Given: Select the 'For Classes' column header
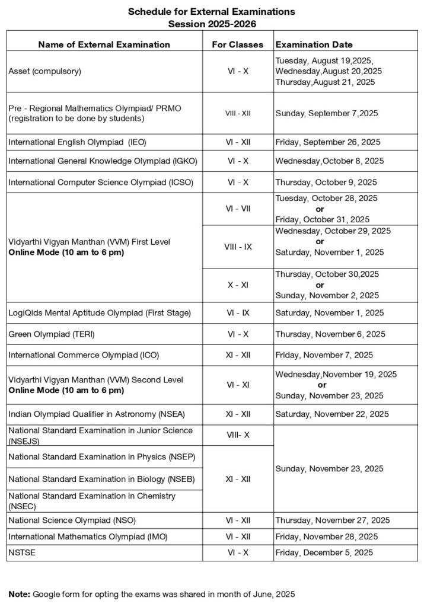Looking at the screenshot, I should click(237, 44).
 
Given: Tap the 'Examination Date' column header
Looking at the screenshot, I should click(314, 44).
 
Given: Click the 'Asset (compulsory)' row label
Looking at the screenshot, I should click(44, 72).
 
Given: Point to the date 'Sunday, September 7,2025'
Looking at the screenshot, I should click(327, 113).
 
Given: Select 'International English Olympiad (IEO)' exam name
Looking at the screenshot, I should click(78, 142).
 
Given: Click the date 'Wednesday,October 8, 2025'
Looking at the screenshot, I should click(330, 161).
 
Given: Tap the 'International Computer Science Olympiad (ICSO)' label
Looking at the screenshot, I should click(101, 182).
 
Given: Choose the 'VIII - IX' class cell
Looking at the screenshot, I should click(237, 247).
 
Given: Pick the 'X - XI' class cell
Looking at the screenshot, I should click(237, 285).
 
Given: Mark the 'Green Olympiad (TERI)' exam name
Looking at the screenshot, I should click(51, 334).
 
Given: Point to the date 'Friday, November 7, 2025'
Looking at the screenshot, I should click(324, 355).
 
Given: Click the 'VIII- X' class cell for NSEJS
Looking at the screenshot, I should click(237, 435).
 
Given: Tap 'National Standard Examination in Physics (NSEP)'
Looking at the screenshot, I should click(101, 457).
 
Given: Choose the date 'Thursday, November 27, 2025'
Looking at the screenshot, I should click(333, 520).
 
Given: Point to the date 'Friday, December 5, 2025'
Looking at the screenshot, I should click(324, 552).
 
